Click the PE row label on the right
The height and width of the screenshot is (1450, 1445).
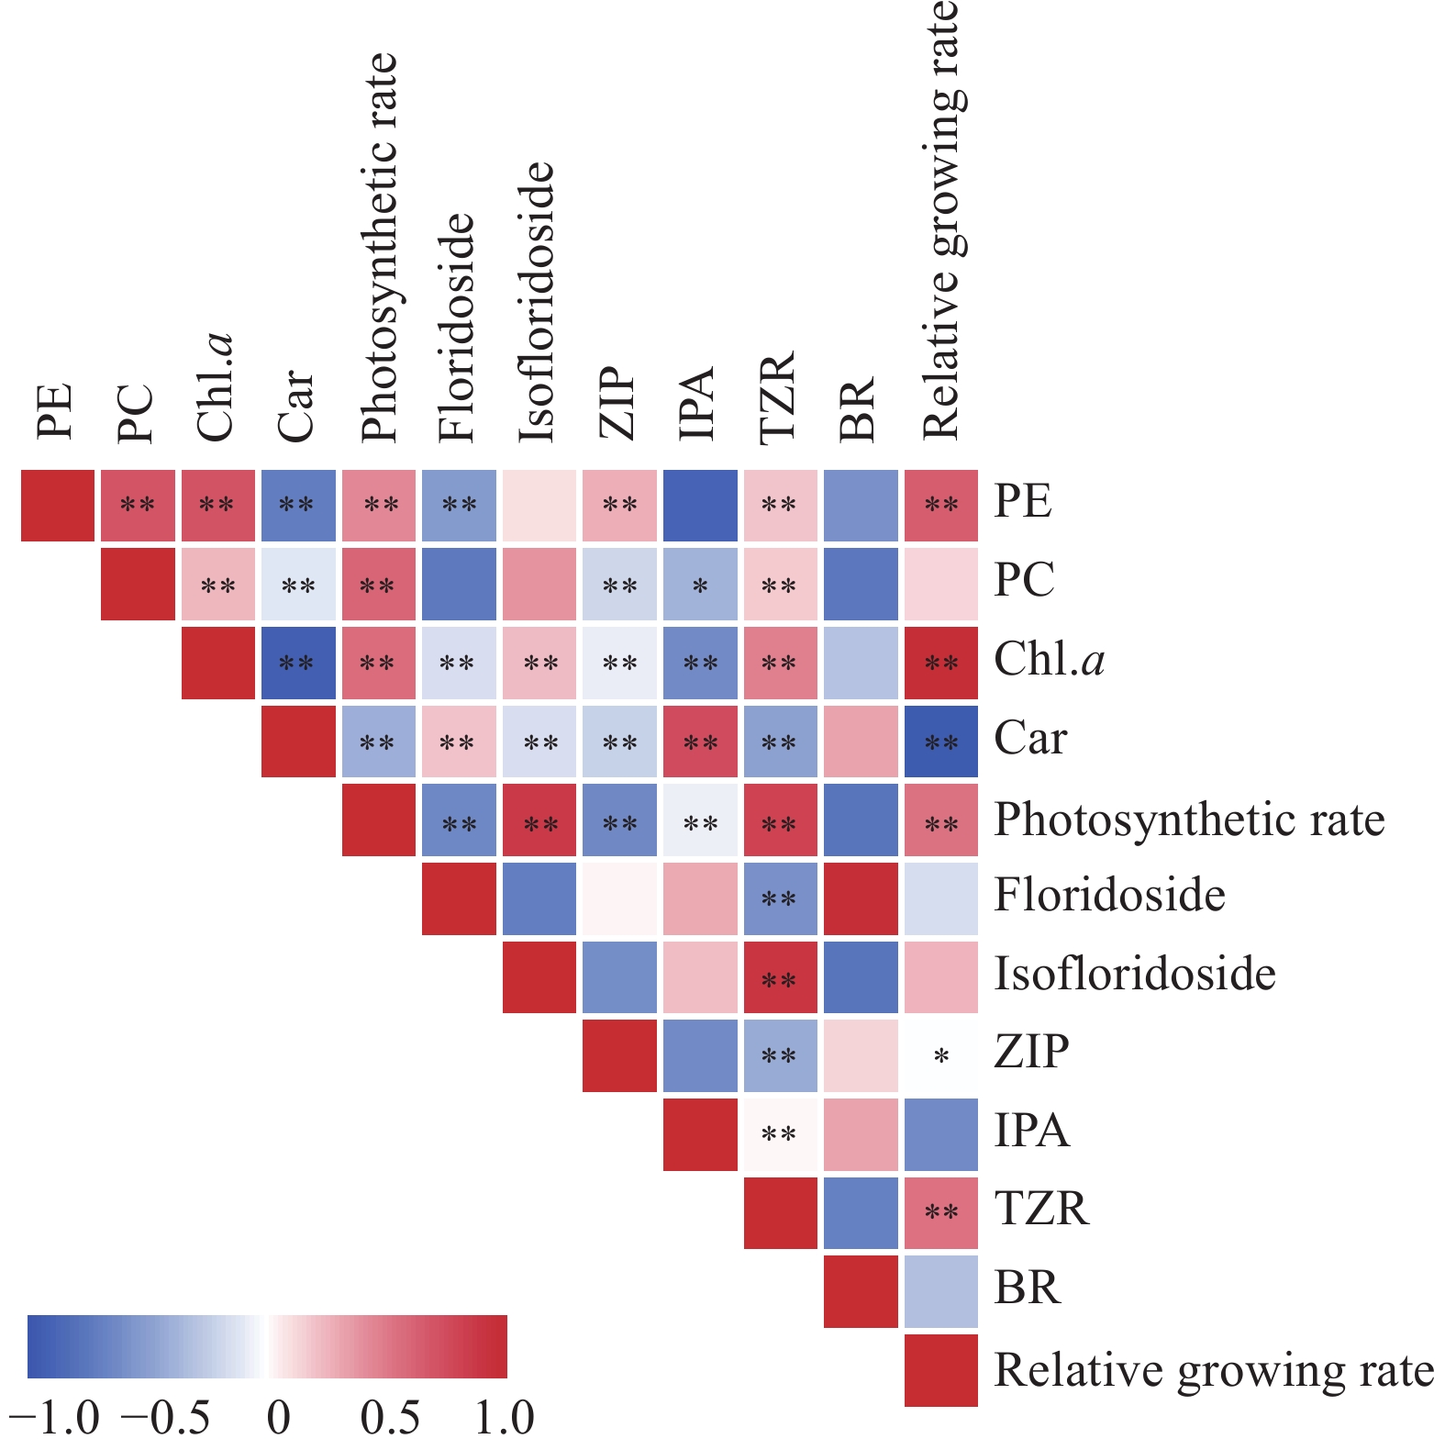(x=1023, y=501)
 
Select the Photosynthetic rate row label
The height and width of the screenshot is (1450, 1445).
(x=1189, y=820)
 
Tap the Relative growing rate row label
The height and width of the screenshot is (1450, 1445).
(x=1214, y=1370)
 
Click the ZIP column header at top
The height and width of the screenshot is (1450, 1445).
(x=617, y=404)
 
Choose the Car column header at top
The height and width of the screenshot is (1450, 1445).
(x=296, y=406)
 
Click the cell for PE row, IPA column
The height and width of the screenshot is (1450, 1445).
(x=700, y=506)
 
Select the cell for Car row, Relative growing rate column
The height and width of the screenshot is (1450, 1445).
(x=941, y=742)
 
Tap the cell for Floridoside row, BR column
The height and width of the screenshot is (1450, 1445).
(x=861, y=898)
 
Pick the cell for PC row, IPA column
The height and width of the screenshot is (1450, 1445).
(x=700, y=585)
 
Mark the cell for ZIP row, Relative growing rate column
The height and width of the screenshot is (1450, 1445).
(x=941, y=1055)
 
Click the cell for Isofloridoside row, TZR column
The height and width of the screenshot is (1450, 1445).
(x=780, y=977)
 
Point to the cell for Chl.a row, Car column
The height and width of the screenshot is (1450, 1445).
(x=298, y=663)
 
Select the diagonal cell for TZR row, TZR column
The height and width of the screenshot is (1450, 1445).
(x=780, y=1213)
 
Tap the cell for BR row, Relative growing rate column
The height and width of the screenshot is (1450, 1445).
(x=941, y=1291)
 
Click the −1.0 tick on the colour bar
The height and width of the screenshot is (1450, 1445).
(x=53, y=1418)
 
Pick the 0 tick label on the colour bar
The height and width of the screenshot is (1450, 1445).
(x=279, y=1418)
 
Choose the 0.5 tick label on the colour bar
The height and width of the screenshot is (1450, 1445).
(x=390, y=1418)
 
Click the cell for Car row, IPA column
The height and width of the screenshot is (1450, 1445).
(x=700, y=742)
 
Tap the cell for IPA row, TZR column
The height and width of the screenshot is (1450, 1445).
(x=780, y=1134)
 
